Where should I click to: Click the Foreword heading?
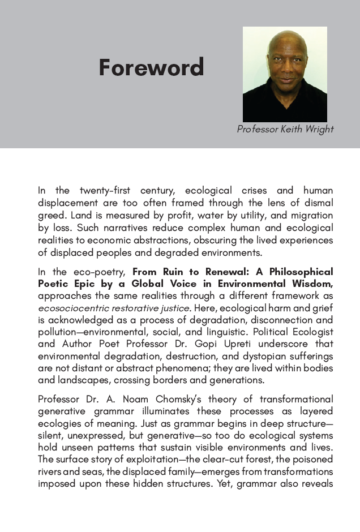(151, 68)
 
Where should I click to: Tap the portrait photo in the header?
(285, 74)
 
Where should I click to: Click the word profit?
(160, 215)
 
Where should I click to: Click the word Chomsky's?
(175, 399)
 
